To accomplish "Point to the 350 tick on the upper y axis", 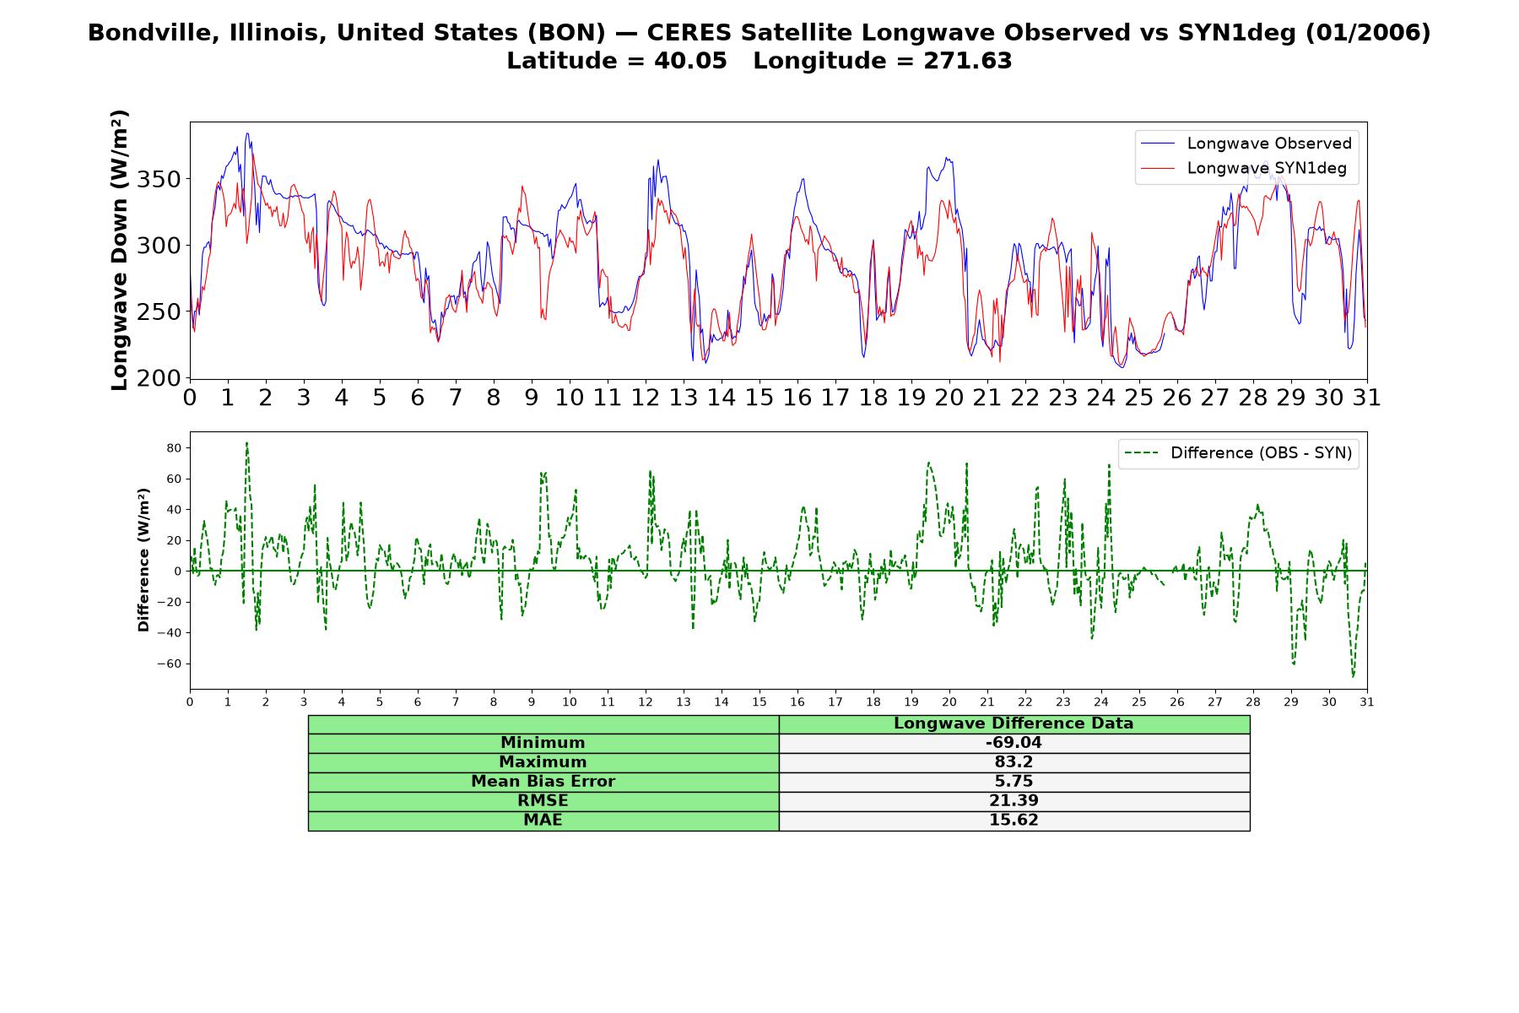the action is coord(160,179).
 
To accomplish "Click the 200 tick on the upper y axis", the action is coord(160,378).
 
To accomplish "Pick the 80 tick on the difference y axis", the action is coord(175,447).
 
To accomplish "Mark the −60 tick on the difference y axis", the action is coord(170,664).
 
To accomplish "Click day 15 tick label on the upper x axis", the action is coord(759,397).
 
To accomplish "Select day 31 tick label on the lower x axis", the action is coord(1367,702).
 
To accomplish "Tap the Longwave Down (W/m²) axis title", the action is coord(119,250).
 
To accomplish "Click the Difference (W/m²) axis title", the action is coord(143,560).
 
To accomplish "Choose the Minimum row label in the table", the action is coord(543,743).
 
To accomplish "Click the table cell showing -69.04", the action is coord(1014,743).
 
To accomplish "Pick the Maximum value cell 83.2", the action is coord(1014,762).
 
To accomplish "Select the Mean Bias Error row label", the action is coord(543,782).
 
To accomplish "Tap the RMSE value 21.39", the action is coord(1014,801).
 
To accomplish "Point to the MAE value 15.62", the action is coord(1014,821).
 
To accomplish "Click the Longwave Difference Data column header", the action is coord(1014,723).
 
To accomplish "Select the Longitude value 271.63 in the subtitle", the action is coord(968,61).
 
